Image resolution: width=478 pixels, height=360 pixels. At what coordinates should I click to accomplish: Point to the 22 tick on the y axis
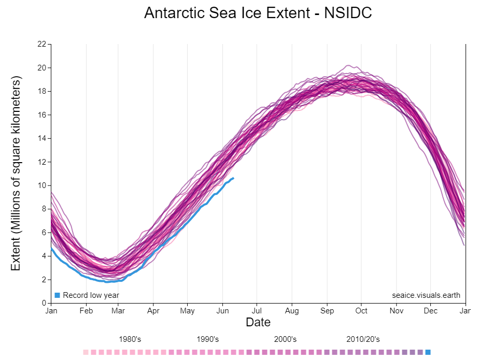[41, 44]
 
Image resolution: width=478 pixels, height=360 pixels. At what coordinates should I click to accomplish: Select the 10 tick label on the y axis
[41, 185]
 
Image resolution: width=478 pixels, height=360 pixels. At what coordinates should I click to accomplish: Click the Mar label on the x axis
[119, 311]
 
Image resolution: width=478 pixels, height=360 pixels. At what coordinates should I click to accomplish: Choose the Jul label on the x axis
[257, 311]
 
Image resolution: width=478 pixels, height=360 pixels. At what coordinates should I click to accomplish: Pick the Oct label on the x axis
[361, 311]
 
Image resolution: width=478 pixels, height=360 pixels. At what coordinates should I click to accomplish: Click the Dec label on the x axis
[431, 311]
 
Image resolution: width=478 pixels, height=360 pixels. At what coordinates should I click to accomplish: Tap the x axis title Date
[258, 322]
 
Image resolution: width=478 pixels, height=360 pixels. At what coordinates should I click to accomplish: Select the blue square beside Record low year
[58, 295]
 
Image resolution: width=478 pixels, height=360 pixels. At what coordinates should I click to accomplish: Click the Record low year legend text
[91, 295]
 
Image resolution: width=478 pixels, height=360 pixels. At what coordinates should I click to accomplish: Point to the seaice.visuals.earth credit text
[426, 295]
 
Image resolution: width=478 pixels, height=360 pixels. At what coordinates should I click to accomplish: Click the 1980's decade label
[130, 339]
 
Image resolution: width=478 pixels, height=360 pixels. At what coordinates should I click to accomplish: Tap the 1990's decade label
[208, 339]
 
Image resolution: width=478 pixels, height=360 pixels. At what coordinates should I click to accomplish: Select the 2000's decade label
[285, 339]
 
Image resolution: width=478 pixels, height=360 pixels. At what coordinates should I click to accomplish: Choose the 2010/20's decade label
[363, 339]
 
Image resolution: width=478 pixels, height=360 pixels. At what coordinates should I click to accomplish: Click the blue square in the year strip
[428, 352]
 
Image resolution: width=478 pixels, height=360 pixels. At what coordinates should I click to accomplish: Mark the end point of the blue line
[233, 178]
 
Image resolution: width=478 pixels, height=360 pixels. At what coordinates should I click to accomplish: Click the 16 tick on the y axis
[41, 115]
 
